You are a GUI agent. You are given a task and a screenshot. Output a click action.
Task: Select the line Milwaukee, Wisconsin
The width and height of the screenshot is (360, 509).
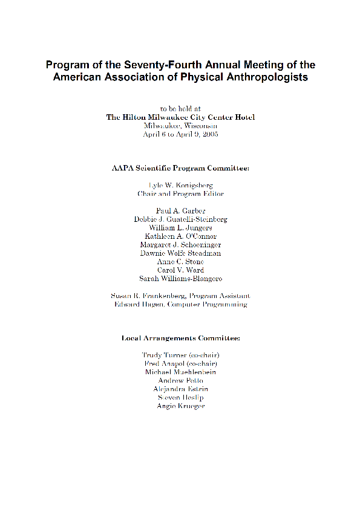pos(180,126)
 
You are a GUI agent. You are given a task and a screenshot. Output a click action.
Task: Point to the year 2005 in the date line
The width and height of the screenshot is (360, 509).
pos(210,134)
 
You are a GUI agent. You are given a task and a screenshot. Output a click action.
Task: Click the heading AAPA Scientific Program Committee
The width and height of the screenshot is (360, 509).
pos(180,167)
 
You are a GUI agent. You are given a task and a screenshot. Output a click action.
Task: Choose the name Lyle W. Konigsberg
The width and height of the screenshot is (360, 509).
pos(180,184)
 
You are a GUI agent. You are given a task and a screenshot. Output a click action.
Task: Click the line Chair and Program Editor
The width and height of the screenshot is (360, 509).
pos(180,193)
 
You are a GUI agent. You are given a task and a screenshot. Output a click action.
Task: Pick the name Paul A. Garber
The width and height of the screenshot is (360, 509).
pos(180,210)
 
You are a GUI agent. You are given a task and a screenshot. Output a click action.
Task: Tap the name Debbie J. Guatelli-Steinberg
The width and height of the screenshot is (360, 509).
pos(180,219)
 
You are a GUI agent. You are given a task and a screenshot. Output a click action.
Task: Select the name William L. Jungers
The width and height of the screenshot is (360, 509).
pos(180,227)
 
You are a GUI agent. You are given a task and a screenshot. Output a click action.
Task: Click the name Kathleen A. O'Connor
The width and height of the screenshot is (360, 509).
pos(180,236)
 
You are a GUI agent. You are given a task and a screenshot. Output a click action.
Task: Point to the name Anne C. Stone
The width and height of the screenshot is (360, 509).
pos(180,262)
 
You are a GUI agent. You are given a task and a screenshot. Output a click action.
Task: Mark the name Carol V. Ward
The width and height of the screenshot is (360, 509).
pos(180,270)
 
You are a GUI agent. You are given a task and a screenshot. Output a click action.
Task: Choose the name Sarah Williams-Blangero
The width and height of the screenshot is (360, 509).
pos(180,279)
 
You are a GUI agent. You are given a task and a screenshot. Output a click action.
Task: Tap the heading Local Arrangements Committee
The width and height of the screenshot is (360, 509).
pos(180,338)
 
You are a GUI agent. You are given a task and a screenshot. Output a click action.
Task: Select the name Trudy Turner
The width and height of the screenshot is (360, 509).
pos(165,355)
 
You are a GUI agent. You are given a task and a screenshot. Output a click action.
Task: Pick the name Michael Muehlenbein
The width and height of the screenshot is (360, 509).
pos(180,372)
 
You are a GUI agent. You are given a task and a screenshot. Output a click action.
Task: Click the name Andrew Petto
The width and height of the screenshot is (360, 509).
pos(180,380)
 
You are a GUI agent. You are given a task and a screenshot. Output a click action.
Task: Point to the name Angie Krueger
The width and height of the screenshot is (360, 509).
pos(180,406)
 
